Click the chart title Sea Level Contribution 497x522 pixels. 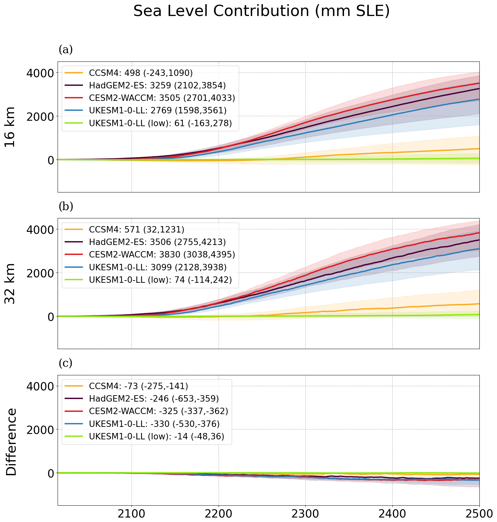pyautogui.click(x=261, y=12)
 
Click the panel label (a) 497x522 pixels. pyautogui.click(x=66, y=50)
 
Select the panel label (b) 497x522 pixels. pyautogui.click(x=66, y=207)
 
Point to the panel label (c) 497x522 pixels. pyautogui.click(x=66, y=363)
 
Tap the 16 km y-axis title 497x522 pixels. pyautogui.click(x=11, y=127)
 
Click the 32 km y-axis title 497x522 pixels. pyautogui.click(x=11, y=284)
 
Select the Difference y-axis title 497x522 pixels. pyautogui.click(x=11, y=442)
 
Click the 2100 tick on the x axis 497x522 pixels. pyautogui.click(x=132, y=514)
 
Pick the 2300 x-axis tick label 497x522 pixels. pyautogui.click(x=305, y=514)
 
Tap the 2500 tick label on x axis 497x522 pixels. pyautogui.click(x=479, y=514)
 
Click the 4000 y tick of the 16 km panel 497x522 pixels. pyautogui.click(x=40, y=73)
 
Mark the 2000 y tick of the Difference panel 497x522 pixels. pyautogui.click(x=40, y=430)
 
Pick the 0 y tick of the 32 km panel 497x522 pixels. pyautogui.click(x=50, y=317)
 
